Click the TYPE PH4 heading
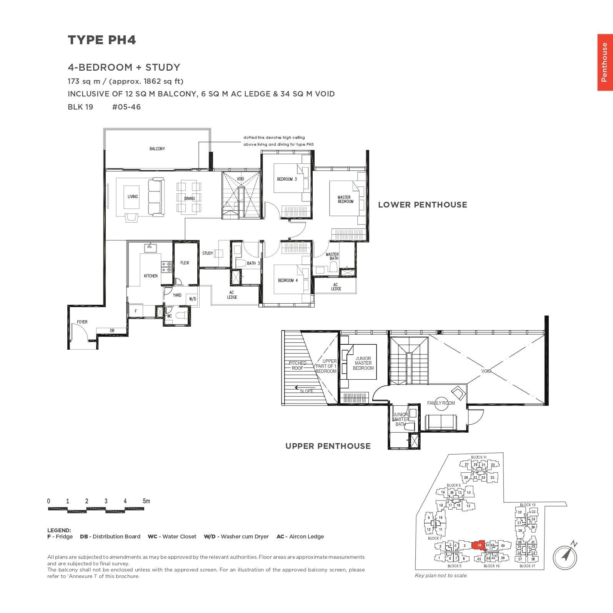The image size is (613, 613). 102,40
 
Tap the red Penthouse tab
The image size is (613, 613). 605,62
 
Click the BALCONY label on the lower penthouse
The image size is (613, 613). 157,149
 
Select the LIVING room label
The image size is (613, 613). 133,197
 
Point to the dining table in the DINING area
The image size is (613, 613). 189,198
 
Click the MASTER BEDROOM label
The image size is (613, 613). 345,199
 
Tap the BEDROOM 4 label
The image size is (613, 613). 288,281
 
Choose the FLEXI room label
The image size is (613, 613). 185,263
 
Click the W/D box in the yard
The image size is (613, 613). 192,299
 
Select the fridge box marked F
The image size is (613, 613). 136,311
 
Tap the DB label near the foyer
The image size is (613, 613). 112,331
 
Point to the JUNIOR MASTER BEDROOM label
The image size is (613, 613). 363,363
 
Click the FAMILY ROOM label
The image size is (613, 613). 441,403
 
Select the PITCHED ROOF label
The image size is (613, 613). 297,365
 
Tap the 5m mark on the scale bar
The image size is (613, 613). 146,501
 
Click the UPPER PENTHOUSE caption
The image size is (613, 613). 328,446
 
